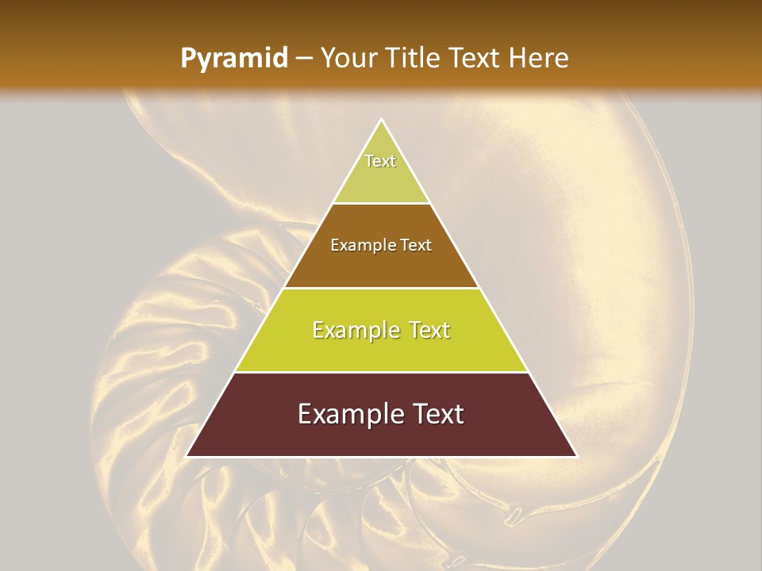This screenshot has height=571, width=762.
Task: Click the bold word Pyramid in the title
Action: [234, 59]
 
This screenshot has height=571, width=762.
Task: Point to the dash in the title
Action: [304, 59]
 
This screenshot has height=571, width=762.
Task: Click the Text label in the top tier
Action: [380, 161]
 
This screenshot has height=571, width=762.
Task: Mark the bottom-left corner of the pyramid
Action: [187, 456]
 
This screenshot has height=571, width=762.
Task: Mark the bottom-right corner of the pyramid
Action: [576, 456]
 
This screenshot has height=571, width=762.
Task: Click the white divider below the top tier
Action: [382, 203]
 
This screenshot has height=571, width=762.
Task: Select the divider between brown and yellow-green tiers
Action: [382, 288]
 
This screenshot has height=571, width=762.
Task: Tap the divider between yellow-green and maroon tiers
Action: [382, 372]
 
